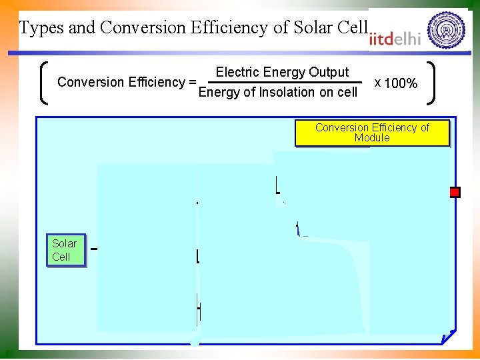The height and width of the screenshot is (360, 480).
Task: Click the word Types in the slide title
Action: click(39, 28)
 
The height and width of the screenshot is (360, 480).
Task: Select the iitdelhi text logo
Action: click(395, 39)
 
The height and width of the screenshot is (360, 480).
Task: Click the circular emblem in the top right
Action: click(446, 30)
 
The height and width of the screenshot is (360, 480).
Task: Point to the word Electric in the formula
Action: click(237, 72)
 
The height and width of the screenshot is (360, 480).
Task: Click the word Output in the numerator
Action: click(329, 72)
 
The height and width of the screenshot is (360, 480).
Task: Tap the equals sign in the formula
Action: click(192, 83)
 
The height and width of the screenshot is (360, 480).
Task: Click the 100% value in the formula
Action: click(401, 83)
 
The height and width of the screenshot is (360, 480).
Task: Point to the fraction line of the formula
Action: click(280, 82)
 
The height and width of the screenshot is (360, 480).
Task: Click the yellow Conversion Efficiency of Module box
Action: click(372, 133)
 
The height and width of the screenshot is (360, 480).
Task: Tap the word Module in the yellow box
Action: click(372, 138)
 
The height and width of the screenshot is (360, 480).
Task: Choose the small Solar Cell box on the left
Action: click(65, 250)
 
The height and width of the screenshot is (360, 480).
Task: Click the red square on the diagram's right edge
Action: click(455, 193)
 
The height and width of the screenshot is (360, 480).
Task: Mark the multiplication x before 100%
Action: click(378, 82)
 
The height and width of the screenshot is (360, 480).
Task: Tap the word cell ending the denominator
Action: click(347, 92)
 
